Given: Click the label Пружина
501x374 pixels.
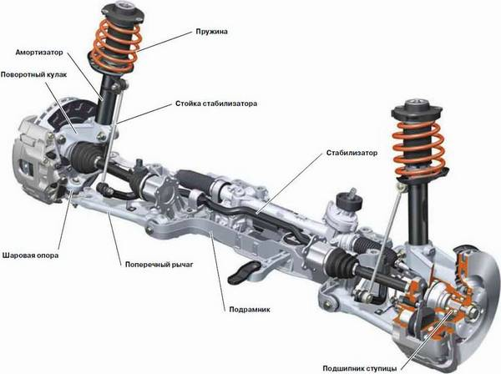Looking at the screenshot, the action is click(x=211, y=32).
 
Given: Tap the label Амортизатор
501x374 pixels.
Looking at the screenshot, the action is click(x=39, y=53).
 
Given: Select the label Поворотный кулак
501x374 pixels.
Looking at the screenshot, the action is click(x=34, y=75).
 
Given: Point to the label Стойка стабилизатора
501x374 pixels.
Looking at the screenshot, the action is click(x=216, y=104).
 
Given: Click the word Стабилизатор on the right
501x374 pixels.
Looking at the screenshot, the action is click(x=352, y=153).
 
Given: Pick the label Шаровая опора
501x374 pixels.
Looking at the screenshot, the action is click(x=30, y=255).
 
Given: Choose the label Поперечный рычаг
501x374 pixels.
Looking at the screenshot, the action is click(x=159, y=265).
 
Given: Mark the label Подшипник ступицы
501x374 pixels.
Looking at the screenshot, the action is click(x=360, y=368).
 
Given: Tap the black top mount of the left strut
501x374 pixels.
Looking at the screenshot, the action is click(x=123, y=13).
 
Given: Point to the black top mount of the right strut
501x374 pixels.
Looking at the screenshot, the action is click(x=417, y=112).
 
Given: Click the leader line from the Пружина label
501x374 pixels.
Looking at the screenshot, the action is click(x=165, y=42).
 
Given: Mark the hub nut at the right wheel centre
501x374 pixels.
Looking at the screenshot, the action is click(x=473, y=311).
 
